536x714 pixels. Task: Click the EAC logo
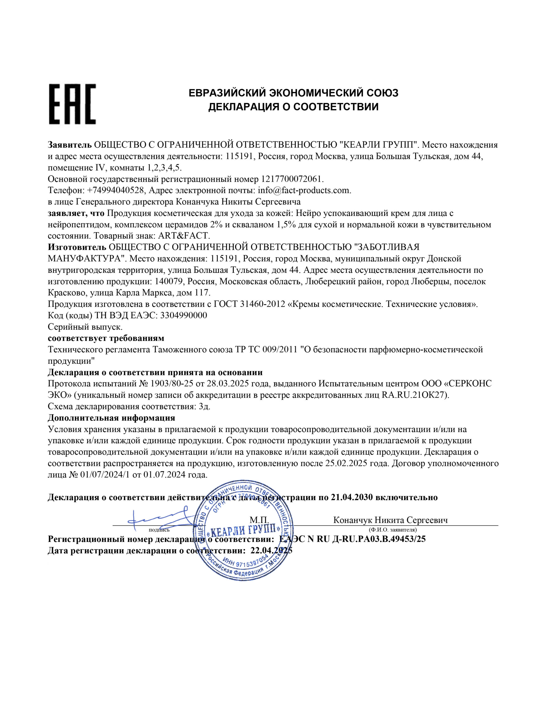click(x=72, y=104)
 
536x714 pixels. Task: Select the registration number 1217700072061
click(x=291, y=179)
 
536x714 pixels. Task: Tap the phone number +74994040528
click(x=115, y=190)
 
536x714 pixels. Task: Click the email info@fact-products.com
click(x=304, y=190)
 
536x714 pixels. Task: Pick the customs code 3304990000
click(x=183, y=315)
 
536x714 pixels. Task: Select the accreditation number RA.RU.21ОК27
click(x=415, y=395)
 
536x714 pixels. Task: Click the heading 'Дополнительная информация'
click(x=111, y=418)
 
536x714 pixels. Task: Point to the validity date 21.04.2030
click(x=352, y=497)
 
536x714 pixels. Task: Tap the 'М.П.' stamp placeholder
click(x=259, y=520)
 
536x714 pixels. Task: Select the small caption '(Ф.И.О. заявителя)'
click(x=392, y=530)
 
